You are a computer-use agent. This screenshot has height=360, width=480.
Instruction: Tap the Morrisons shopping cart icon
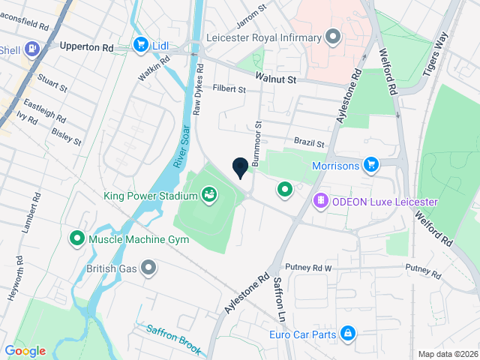[x=370, y=164]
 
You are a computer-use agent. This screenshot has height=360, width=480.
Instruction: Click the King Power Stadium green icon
[x=209, y=196]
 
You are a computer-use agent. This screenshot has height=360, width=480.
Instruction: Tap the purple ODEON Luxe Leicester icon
[x=320, y=201]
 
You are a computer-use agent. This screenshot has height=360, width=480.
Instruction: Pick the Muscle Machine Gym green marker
[x=76, y=239]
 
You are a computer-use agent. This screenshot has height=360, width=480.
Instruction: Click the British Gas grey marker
[x=148, y=267]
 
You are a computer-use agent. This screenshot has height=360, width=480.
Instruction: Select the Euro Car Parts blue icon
[x=347, y=333]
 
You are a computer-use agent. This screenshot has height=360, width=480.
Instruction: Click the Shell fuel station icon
[x=32, y=50]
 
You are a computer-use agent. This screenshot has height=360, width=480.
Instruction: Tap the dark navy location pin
[x=241, y=168]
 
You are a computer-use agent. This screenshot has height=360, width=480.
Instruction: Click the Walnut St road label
[x=275, y=78]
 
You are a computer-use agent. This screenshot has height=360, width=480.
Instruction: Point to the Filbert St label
[x=229, y=89]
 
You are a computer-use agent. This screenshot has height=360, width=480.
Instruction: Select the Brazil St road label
[x=308, y=142]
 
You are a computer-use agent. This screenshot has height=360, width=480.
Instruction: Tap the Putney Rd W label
[x=307, y=268]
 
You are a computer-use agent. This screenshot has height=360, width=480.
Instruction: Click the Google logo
[x=25, y=351]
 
